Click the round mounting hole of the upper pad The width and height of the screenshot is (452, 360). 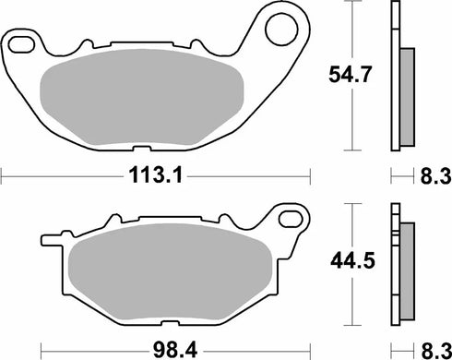(280, 31)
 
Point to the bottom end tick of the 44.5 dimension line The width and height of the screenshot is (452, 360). (355, 326)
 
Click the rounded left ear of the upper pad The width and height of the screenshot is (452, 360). (18, 44)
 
